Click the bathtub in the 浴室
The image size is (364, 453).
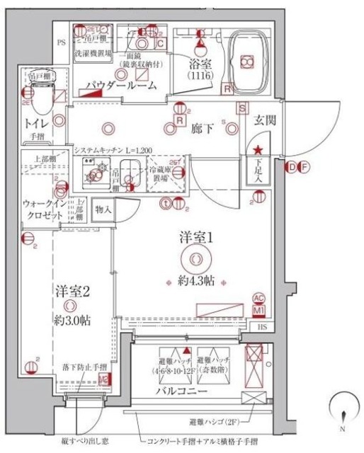pyautogui.click(x=249, y=62)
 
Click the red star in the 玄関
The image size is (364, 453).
pyautogui.click(x=259, y=149)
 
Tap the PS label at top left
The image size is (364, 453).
pyautogui.click(x=61, y=42)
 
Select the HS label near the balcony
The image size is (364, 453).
pyautogui.click(x=263, y=326)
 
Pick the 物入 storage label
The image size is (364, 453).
pyautogui.click(x=103, y=209)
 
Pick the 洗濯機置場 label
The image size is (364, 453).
pyautogui.click(x=91, y=52)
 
